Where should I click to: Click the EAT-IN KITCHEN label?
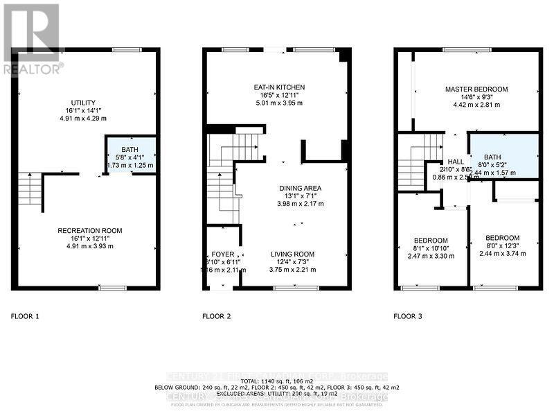point(279,87)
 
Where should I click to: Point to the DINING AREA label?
point(301,188)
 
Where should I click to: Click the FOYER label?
point(222,254)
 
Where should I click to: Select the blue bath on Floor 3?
point(503,156)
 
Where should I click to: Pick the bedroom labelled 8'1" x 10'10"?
point(431,240)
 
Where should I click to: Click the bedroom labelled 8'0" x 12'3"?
point(502,237)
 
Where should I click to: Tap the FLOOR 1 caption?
point(25,316)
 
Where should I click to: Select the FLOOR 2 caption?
point(216,316)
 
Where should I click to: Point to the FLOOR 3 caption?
point(408,316)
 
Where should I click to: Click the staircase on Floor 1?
point(30,189)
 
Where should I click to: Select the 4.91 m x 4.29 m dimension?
point(87,119)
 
